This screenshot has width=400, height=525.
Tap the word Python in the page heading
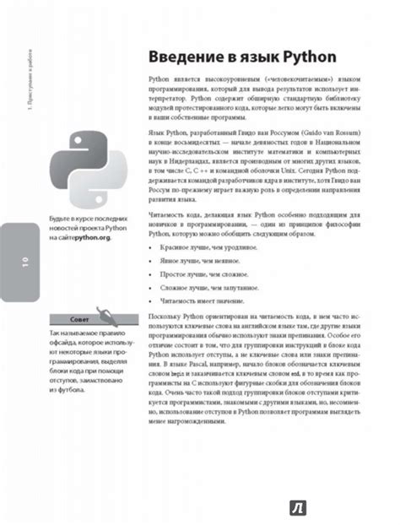[307, 57]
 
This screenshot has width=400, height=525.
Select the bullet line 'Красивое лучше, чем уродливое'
[203, 250]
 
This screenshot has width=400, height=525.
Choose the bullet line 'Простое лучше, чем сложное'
[199, 274]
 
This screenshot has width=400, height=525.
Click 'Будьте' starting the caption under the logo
[60, 219]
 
